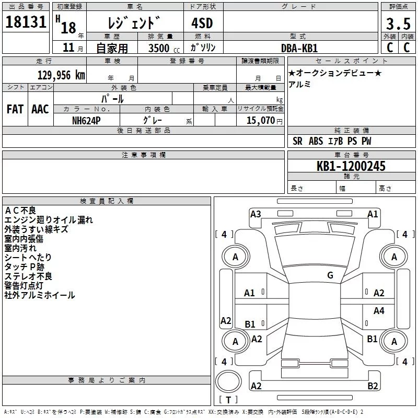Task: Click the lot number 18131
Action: coord(26,24)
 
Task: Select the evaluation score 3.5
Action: coord(398,24)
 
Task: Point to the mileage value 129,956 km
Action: coord(61,75)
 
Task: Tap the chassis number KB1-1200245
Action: coord(351,166)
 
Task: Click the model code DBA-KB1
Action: coord(299,48)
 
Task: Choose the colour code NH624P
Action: coord(87,120)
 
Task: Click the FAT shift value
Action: coord(15,109)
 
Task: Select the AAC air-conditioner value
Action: coord(40,109)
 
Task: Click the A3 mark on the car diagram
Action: coord(256,214)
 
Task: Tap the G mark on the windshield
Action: coord(330,275)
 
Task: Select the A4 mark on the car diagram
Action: coord(379,311)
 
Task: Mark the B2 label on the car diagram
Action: coord(373,386)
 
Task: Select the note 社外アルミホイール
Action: coord(40,295)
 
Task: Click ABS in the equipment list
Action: coord(316,141)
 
